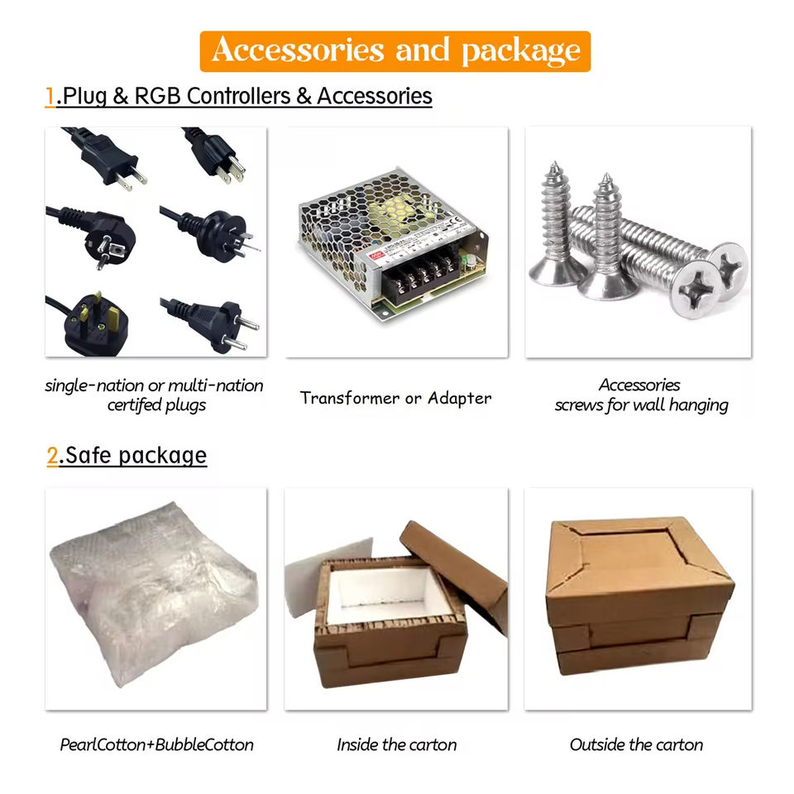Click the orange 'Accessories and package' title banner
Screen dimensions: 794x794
395,51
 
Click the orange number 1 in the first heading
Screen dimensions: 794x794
50,97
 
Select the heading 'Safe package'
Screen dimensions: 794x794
136,456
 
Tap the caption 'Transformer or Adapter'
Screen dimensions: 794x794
395,399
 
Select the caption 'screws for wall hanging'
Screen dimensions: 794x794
641,405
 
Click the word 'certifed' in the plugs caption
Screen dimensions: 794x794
137,405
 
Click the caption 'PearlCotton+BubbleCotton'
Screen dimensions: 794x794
156,744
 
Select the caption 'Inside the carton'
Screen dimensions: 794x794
396,744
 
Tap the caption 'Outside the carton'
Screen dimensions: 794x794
636,744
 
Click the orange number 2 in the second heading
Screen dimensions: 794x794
53,456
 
